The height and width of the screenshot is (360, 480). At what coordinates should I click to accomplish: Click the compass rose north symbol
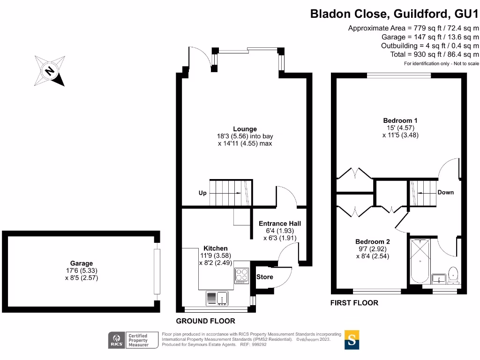click(x=50, y=71)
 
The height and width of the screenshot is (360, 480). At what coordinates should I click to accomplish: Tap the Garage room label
click(x=82, y=263)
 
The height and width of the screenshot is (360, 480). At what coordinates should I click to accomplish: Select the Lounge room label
click(x=245, y=129)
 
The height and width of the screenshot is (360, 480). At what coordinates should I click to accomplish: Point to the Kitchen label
click(x=216, y=248)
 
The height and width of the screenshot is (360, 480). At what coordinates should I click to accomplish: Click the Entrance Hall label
click(x=280, y=224)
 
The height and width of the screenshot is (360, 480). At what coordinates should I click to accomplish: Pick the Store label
click(x=264, y=277)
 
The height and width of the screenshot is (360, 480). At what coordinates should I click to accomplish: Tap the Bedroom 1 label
click(x=400, y=120)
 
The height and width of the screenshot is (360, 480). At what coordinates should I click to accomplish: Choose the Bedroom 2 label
click(x=373, y=242)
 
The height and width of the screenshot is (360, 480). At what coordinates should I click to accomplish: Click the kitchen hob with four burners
click(x=241, y=276)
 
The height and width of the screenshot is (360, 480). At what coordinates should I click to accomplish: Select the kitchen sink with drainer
click(x=217, y=298)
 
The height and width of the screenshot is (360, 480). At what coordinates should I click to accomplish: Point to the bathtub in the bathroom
click(x=420, y=261)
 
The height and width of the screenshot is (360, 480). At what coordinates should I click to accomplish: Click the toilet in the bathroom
click(x=453, y=275)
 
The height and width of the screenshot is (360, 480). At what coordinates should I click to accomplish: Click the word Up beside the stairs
click(x=202, y=193)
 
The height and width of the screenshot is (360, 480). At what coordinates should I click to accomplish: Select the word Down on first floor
click(x=445, y=192)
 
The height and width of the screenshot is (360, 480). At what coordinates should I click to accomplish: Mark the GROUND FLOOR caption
click(x=205, y=321)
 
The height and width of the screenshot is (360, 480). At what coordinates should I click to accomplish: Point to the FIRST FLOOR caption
click(x=354, y=303)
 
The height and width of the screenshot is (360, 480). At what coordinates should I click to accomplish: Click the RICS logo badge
click(x=117, y=340)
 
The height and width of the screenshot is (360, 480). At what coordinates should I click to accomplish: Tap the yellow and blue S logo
click(x=352, y=340)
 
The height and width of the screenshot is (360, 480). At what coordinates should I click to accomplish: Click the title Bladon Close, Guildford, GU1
click(x=394, y=14)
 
